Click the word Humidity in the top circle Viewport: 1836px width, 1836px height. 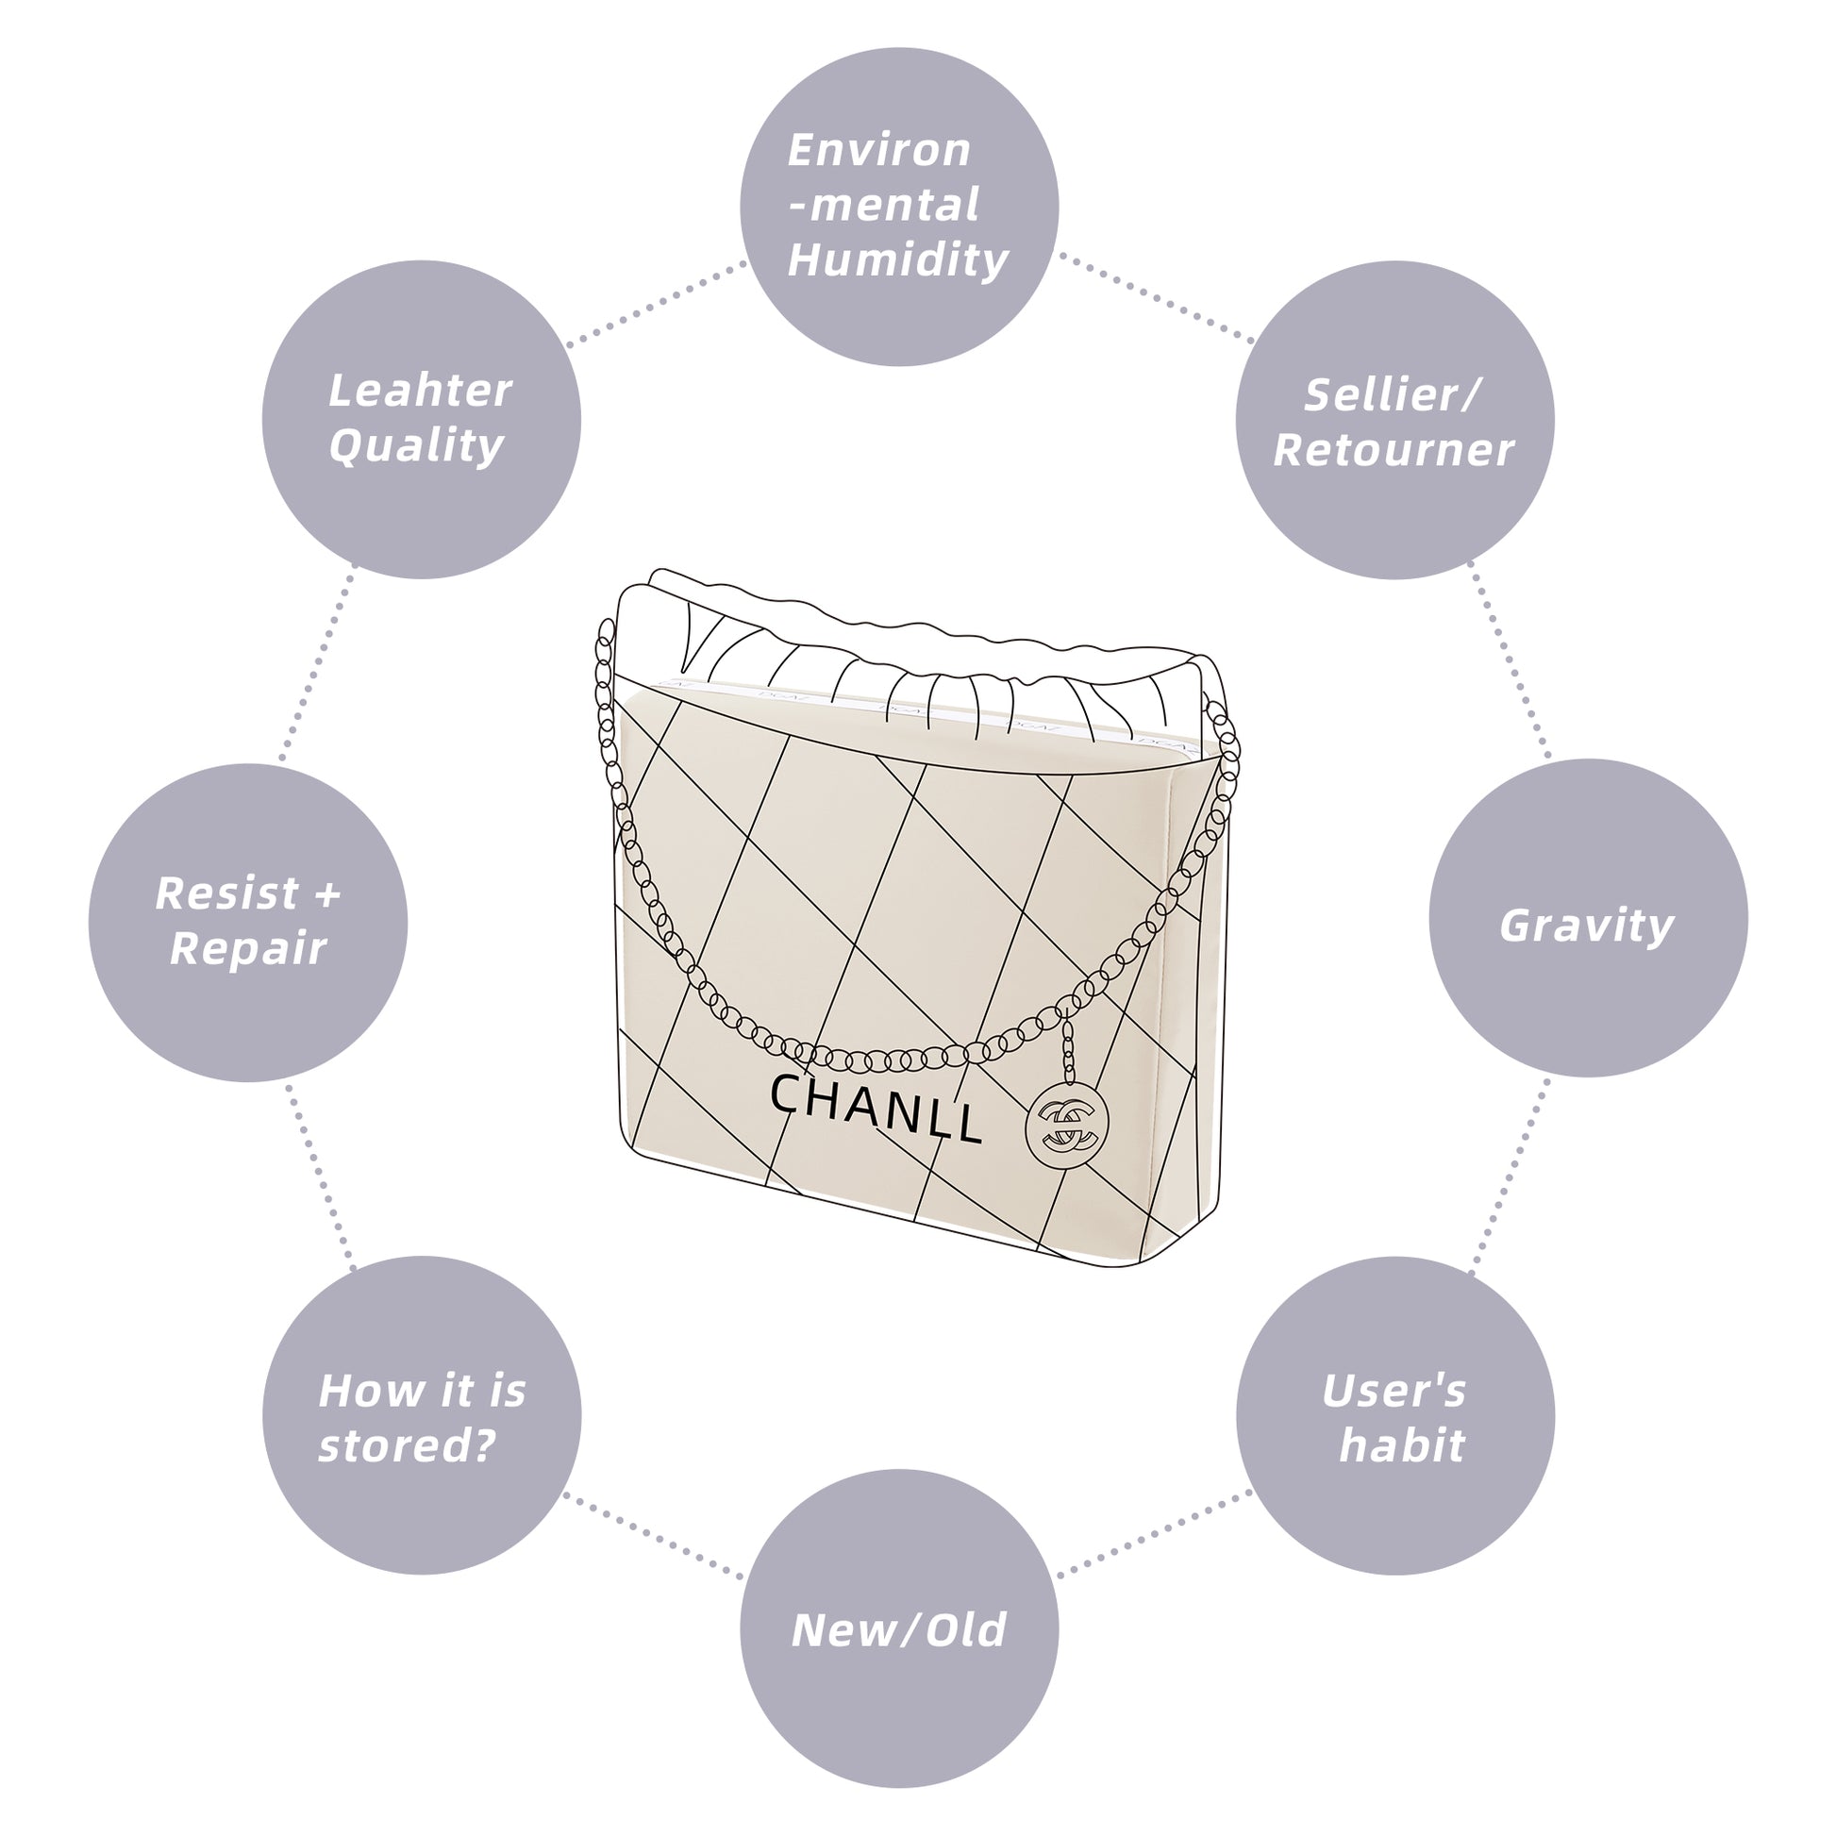point(897,259)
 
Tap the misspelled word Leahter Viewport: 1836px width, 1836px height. point(420,391)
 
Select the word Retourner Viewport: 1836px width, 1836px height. point(1394,449)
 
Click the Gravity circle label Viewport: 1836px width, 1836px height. point(1586,925)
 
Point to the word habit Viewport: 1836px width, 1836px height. point(1402,1445)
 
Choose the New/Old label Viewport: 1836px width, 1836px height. point(898,1629)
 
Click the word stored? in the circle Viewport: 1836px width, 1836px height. point(407,1445)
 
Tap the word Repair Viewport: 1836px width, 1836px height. point(248,948)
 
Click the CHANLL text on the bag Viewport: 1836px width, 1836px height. point(875,1107)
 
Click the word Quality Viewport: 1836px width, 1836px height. point(416,445)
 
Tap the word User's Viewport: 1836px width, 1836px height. point(1394,1391)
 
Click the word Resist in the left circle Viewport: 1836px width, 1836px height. point(228,893)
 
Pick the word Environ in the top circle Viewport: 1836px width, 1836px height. point(879,150)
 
